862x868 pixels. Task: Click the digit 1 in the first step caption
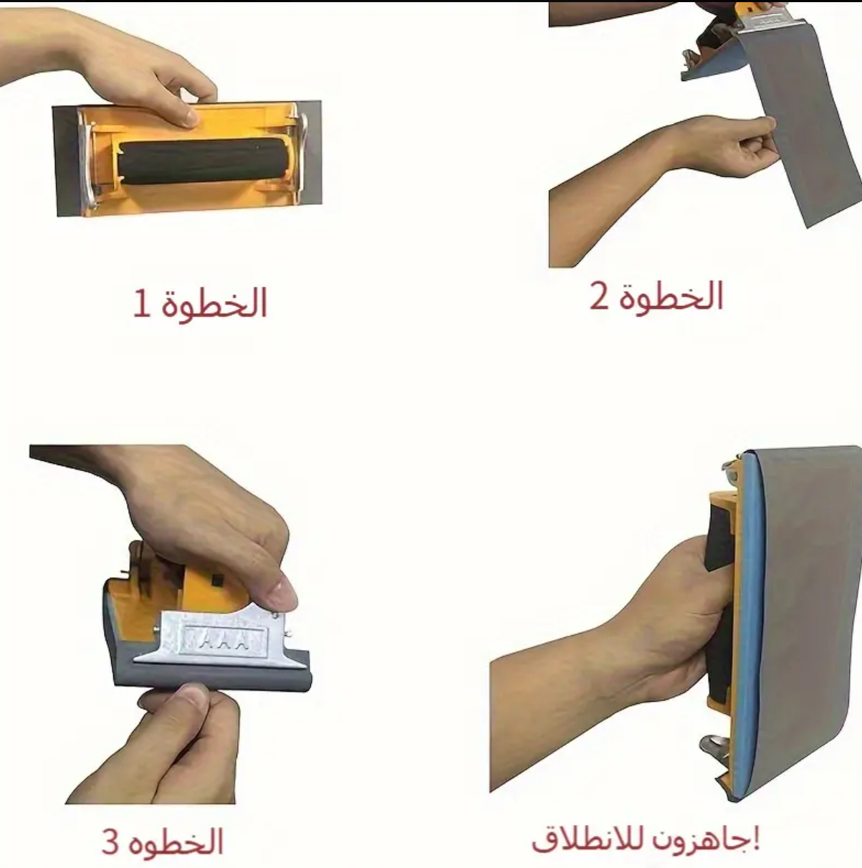pos(140,305)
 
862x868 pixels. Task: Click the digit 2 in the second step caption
pos(600,296)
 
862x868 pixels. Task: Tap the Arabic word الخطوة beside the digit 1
pos(214,302)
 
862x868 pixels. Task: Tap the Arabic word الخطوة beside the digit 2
pos(671,295)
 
